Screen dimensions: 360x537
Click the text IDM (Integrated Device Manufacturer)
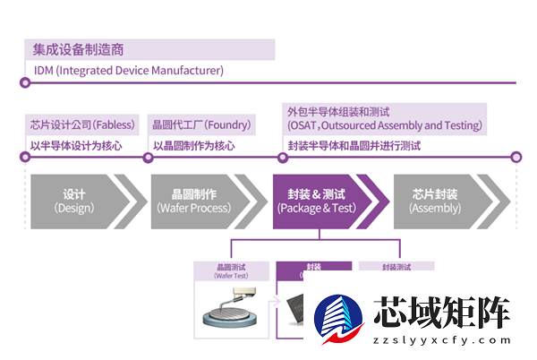[x=128, y=70]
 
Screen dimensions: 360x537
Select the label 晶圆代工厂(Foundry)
[x=201, y=125]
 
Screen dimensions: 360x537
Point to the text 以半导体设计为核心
[x=75, y=145]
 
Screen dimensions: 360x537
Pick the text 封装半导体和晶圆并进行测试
[x=354, y=145]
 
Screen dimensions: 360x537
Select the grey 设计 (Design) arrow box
[x=76, y=201]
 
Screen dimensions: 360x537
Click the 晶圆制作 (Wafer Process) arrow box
[x=194, y=201]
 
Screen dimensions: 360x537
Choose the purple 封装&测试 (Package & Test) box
[x=318, y=201]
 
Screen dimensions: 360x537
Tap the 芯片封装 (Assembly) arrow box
[x=439, y=201]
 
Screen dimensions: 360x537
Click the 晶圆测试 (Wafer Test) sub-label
[x=231, y=270]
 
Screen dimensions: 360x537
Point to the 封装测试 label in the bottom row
[x=396, y=267]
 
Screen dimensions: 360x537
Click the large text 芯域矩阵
[x=442, y=313]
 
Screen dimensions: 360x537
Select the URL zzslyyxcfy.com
[x=443, y=342]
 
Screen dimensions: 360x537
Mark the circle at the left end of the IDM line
[x=25, y=83]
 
